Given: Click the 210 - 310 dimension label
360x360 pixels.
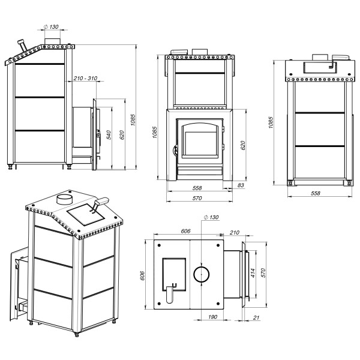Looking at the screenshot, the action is point(85,78).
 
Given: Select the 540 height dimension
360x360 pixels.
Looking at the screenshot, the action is point(109,135).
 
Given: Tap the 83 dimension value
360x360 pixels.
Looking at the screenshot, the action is point(241,185).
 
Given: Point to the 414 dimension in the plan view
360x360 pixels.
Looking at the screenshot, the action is point(253,273).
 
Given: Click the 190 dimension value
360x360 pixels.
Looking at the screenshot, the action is point(212,317).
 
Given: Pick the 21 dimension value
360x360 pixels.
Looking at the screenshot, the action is point(256,317).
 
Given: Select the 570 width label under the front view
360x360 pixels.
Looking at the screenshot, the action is point(197,198).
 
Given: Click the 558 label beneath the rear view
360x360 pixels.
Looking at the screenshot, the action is point(316,193).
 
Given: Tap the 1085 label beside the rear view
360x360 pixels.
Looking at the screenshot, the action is point(271,122).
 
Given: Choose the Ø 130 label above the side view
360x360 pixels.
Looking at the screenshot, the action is point(51,27).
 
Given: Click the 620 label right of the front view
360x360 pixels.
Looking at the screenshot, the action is point(242,145).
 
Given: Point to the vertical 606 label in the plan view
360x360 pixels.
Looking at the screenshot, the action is point(142,275).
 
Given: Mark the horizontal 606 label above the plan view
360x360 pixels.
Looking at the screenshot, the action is point(185,231).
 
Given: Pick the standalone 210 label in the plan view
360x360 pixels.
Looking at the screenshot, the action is point(235,233).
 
